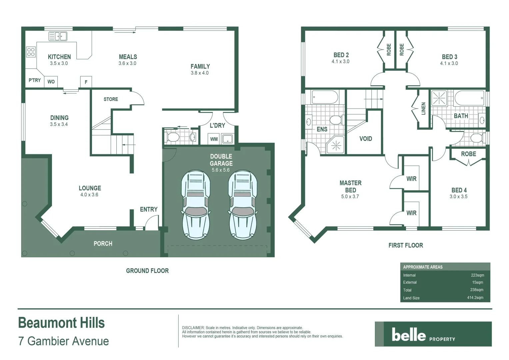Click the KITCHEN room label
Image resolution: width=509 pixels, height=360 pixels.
[x=59, y=57]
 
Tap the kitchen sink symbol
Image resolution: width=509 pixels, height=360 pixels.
[x=58, y=36]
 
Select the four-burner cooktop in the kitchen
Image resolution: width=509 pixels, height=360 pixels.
[x=31, y=52]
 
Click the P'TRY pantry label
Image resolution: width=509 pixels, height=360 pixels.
[x=35, y=80]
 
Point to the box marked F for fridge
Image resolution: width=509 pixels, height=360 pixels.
[x=86, y=82]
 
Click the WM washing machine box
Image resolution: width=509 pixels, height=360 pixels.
[x=214, y=139]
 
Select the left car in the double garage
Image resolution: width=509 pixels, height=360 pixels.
[x=196, y=205]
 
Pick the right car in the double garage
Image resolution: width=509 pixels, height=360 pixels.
[x=243, y=205]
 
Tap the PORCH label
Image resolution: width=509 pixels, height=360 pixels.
[x=103, y=244]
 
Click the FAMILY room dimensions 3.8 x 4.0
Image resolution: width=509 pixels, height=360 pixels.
[x=200, y=73]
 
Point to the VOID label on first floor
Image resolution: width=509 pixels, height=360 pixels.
[x=366, y=139]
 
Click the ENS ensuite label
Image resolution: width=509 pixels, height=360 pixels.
[x=322, y=129]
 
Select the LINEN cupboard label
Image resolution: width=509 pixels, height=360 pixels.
[x=423, y=109]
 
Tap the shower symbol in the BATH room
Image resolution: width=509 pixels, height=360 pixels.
[x=439, y=98]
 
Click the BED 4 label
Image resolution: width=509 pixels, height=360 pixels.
[x=459, y=190]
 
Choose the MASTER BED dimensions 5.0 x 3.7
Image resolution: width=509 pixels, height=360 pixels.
[x=350, y=197]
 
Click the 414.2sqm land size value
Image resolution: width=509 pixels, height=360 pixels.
[x=475, y=298]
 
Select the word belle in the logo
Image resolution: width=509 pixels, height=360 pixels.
[x=409, y=334]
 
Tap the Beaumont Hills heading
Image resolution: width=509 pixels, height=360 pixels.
[x=61, y=323]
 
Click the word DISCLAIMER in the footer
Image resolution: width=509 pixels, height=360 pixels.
[x=193, y=328]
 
